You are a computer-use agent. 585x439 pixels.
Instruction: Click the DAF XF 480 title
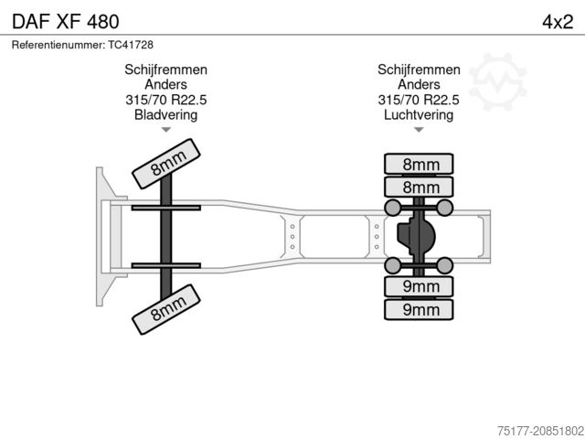[x=66, y=22]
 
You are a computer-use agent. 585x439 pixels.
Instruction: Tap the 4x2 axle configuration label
[x=558, y=22]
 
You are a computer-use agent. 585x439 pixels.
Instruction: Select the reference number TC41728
[x=131, y=45]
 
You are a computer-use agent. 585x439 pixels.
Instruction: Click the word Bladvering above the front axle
[x=165, y=114]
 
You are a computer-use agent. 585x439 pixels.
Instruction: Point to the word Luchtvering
[x=419, y=114]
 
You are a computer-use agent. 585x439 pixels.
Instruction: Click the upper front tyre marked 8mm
[x=166, y=164]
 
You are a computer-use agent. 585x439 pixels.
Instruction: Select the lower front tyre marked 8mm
[x=166, y=309]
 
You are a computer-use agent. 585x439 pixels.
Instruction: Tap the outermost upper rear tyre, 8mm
[x=419, y=164]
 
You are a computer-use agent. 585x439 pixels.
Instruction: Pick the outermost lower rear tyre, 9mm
[x=419, y=309]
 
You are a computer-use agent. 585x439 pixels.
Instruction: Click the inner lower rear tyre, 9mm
[x=419, y=286]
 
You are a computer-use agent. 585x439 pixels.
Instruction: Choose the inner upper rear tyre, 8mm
[x=419, y=187]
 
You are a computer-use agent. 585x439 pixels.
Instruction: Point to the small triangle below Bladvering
[x=166, y=130]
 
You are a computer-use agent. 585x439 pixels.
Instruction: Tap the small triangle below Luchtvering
[x=419, y=130]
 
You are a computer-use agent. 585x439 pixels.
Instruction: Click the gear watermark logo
[x=497, y=81]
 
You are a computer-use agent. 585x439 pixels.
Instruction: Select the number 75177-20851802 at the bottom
[x=540, y=431]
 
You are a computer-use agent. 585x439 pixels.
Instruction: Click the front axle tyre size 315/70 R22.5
[x=166, y=100]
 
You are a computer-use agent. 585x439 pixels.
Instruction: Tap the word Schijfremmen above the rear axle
[x=419, y=70]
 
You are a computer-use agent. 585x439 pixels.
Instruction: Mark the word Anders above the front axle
[x=166, y=84]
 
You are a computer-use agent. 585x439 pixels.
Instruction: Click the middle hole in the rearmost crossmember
[x=377, y=237]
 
